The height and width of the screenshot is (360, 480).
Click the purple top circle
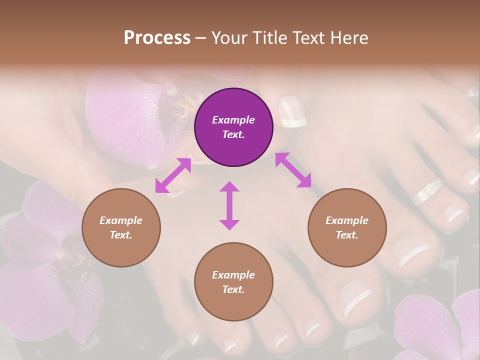pyautogui.click(x=233, y=127)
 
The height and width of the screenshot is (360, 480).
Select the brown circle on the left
pyautogui.click(x=121, y=228)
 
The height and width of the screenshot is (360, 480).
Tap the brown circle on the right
pyautogui.click(x=347, y=228)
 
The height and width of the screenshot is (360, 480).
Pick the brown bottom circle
pyautogui.click(x=233, y=282)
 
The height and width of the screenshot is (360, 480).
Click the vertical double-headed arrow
pyautogui.click(x=229, y=205)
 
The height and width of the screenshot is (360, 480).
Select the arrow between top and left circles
pyautogui.click(x=173, y=175)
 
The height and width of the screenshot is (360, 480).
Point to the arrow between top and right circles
pyautogui.click(x=293, y=170)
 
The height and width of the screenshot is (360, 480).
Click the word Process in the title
pyautogui.click(x=157, y=37)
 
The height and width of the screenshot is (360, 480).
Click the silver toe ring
pyautogui.click(x=427, y=191)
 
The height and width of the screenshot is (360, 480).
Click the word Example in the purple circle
pyautogui.click(x=233, y=120)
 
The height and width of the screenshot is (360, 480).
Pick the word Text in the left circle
pyautogui.click(x=121, y=235)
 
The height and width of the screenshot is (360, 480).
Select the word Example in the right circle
pyautogui.click(x=347, y=220)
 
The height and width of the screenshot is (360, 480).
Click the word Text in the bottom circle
pyautogui.click(x=233, y=289)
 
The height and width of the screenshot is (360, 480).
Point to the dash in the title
pyautogui.click(x=201, y=38)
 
